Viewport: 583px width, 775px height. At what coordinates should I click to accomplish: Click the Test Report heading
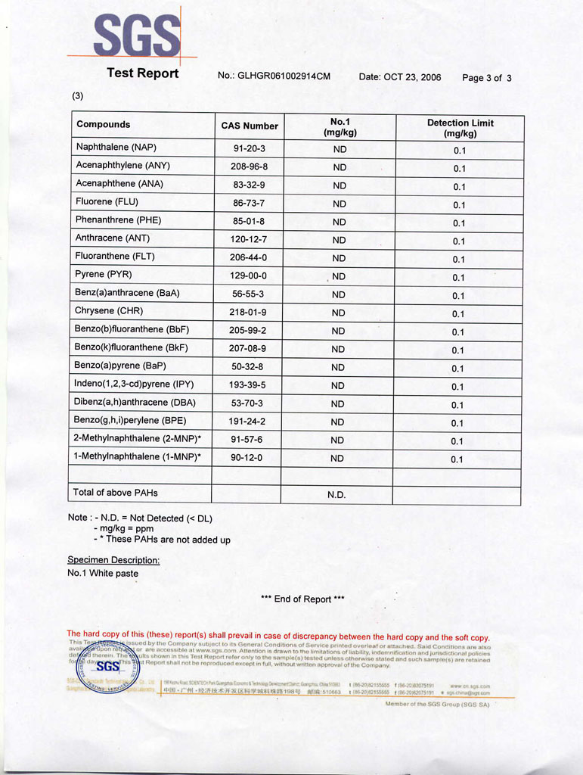(x=142, y=73)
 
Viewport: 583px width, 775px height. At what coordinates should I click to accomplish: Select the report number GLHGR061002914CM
(x=284, y=76)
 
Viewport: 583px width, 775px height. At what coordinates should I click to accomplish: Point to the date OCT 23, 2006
(x=412, y=77)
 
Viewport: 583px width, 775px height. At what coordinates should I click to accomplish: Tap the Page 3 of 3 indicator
(x=487, y=78)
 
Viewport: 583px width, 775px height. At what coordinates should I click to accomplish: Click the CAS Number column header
(x=250, y=126)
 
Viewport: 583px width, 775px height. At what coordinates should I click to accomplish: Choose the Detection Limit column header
(x=460, y=128)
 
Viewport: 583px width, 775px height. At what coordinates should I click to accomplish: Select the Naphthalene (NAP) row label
(x=116, y=147)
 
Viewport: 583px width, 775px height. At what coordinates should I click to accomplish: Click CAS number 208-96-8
(x=249, y=167)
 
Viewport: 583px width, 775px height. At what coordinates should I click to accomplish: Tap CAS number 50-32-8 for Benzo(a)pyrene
(x=248, y=367)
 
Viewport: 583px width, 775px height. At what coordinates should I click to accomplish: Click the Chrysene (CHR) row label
(x=109, y=311)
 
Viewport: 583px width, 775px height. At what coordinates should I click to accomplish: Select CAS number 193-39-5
(x=248, y=385)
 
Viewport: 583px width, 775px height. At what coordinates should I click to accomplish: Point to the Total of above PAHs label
(x=115, y=493)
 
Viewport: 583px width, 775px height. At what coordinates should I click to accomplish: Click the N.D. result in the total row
(x=336, y=495)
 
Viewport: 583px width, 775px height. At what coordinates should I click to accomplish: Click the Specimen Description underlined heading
(x=113, y=560)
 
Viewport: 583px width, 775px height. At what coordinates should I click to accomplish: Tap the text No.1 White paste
(x=103, y=574)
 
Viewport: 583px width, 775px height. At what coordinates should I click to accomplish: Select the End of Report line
(x=302, y=599)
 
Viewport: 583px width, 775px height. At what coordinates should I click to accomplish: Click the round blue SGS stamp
(x=107, y=666)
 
